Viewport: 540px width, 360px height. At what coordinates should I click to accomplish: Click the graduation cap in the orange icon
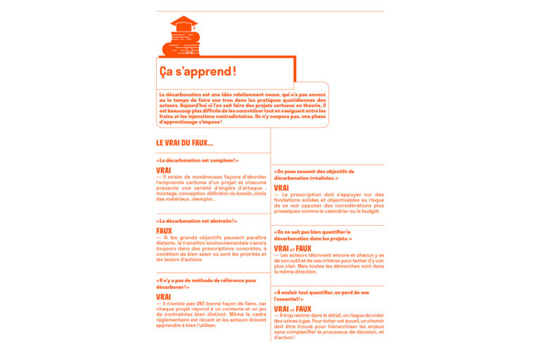click(x=184, y=22)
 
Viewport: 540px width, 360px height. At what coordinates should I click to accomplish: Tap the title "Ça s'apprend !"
click(x=198, y=72)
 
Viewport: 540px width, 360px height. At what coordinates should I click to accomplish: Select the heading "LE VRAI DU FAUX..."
click(x=185, y=143)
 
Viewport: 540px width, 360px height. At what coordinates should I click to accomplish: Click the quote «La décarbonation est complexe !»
click(x=198, y=160)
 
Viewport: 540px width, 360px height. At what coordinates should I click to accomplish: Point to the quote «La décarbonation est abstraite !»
click(x=197, y=221)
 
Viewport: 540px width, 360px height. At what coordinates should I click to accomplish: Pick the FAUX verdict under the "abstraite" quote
click(x=164, y=231)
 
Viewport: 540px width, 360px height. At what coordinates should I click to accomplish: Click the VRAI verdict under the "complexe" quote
click(x=164, y=170)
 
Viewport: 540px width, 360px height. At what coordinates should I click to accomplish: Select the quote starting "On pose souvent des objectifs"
click(x=314, y=174)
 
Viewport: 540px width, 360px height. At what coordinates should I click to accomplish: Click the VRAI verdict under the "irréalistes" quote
click(x=281, y=188)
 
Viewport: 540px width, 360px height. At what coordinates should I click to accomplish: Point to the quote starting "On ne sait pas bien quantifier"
click(x=313, y=235)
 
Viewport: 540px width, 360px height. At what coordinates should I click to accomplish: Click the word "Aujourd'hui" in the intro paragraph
click(x=186, y=105)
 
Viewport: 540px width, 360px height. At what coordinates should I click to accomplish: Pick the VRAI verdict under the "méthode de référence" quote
click(x=164, y=297)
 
